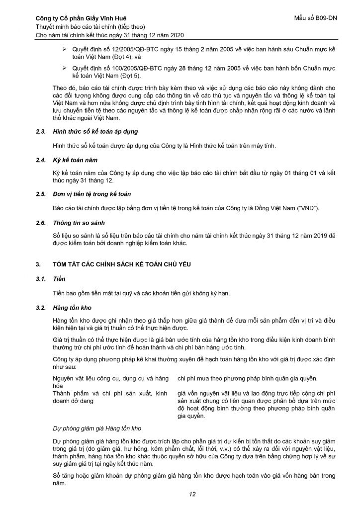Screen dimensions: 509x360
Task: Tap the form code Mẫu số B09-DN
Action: tap(315, 18)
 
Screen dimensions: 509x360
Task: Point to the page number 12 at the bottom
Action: tap(192, 494)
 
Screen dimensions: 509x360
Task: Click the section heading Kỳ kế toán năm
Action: tap(74, 162)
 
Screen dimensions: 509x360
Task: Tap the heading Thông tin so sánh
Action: tap(78, 223)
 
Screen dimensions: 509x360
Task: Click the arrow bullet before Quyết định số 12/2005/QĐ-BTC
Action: tap(63, 51)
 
